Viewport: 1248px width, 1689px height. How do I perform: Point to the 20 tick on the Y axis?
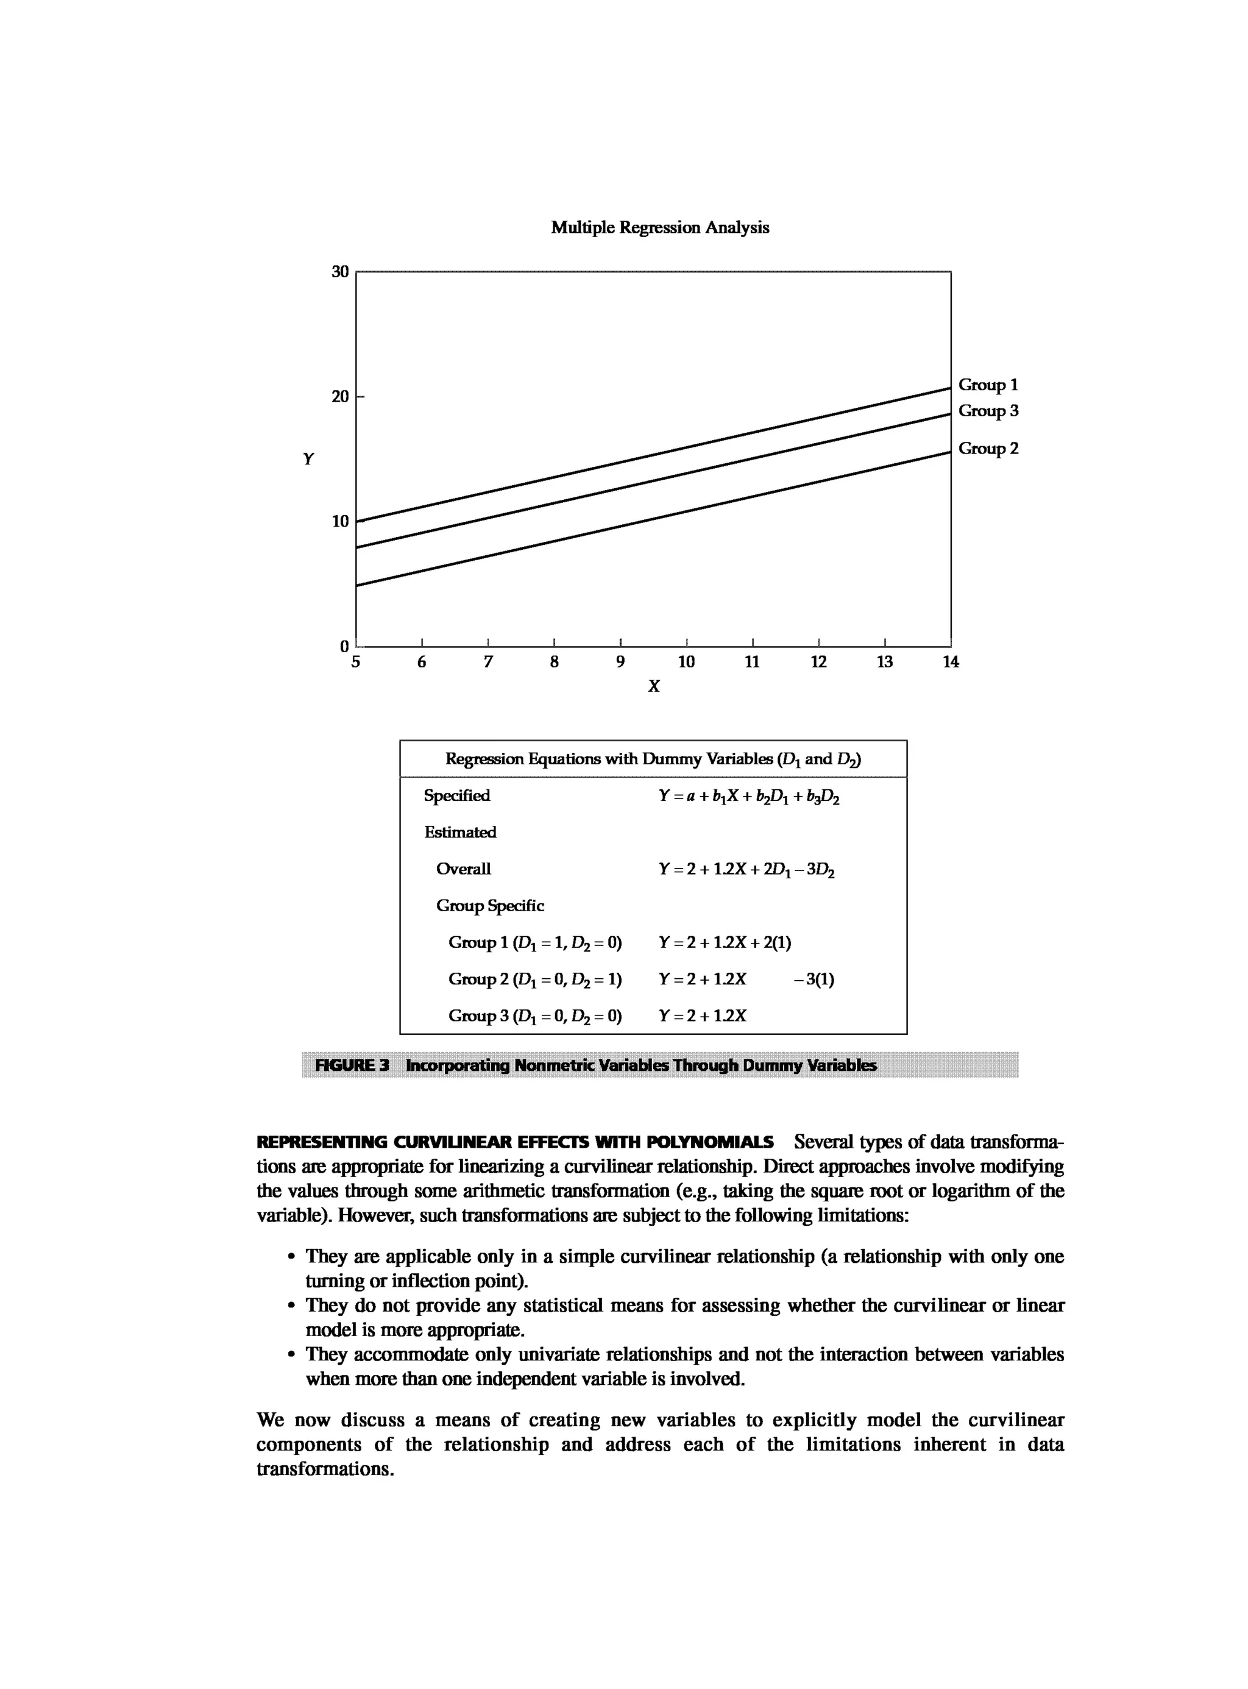[x=341, y=397]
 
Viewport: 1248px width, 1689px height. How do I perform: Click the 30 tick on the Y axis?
[x=341, y=271]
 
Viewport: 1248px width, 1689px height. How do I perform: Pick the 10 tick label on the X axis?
[x=686, y=662]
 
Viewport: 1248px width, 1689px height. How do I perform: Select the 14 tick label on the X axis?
[x=951, y=662]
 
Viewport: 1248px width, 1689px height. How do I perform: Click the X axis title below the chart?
[x=653, y=686]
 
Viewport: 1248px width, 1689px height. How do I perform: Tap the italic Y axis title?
[x=308, y=460]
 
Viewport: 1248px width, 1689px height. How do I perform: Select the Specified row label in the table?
[x=456, y=796]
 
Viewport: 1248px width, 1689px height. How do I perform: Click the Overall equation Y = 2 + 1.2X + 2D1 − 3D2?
[x=746, y=870]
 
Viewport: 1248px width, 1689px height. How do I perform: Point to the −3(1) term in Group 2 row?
[x=814, y=980]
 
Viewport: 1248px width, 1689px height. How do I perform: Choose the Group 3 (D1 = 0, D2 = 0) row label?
[x=535, y=1015]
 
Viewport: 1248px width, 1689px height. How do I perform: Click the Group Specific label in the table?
[x=489, y=905]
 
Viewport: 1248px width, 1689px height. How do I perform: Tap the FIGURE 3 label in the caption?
[x=352, y=1065]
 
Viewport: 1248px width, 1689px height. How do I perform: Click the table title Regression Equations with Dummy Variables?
[x=653, y=759]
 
